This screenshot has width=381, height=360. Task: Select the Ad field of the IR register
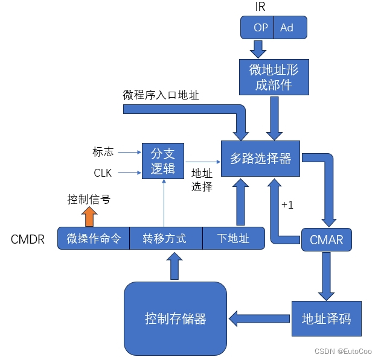tap(288, 27)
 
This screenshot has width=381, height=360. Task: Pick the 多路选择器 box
tap(261, 159)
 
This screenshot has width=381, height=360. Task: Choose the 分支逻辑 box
tap(162, 160)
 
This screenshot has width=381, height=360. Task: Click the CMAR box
tap(326, 240)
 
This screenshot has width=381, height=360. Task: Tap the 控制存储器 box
tap(175, 318)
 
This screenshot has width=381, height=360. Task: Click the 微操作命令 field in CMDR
tap(94, 239)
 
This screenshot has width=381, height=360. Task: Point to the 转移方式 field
tap(164, 239)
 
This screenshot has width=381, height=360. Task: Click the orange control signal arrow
tap(89, 216)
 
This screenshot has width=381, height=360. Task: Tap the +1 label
tap(287, 205)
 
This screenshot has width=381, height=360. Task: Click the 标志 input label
tap(103, 151)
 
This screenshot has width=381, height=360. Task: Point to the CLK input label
tap(103, 173)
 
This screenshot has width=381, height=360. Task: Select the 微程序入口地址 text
tap(161, 95)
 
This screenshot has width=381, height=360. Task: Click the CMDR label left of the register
tap(28, 239)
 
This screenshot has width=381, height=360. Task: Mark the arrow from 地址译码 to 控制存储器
tap(260, 318)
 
